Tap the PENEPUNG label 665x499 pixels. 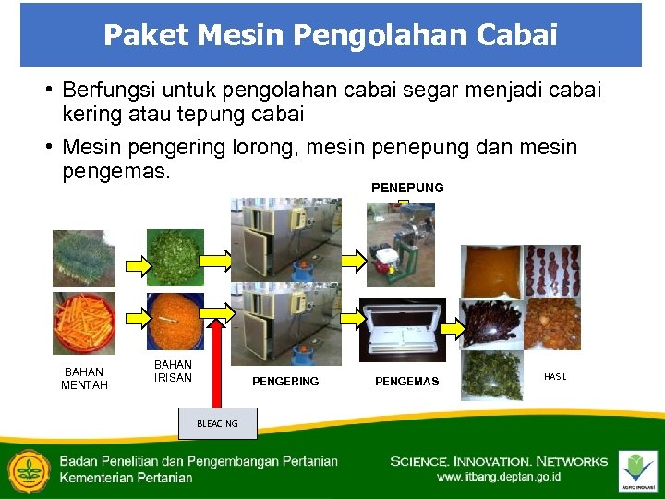(x=407, y=188)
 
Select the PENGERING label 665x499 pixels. (x=285, y=381)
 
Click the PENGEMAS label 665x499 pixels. (x=407, y=382)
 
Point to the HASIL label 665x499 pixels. (x=555, y=377)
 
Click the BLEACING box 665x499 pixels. (x=217, y=423)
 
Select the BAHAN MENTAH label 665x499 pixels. (x=84, y=378)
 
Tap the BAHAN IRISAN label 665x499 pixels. (x=173, y=371)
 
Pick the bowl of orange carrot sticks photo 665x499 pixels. (x=84, y=323)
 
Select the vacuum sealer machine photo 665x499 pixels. (x=402, y=329)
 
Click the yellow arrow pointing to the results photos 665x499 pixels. (x=451, y=327)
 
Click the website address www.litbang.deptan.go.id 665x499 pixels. (x=499, y=478)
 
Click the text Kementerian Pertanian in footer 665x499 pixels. (x=127, y=478)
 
